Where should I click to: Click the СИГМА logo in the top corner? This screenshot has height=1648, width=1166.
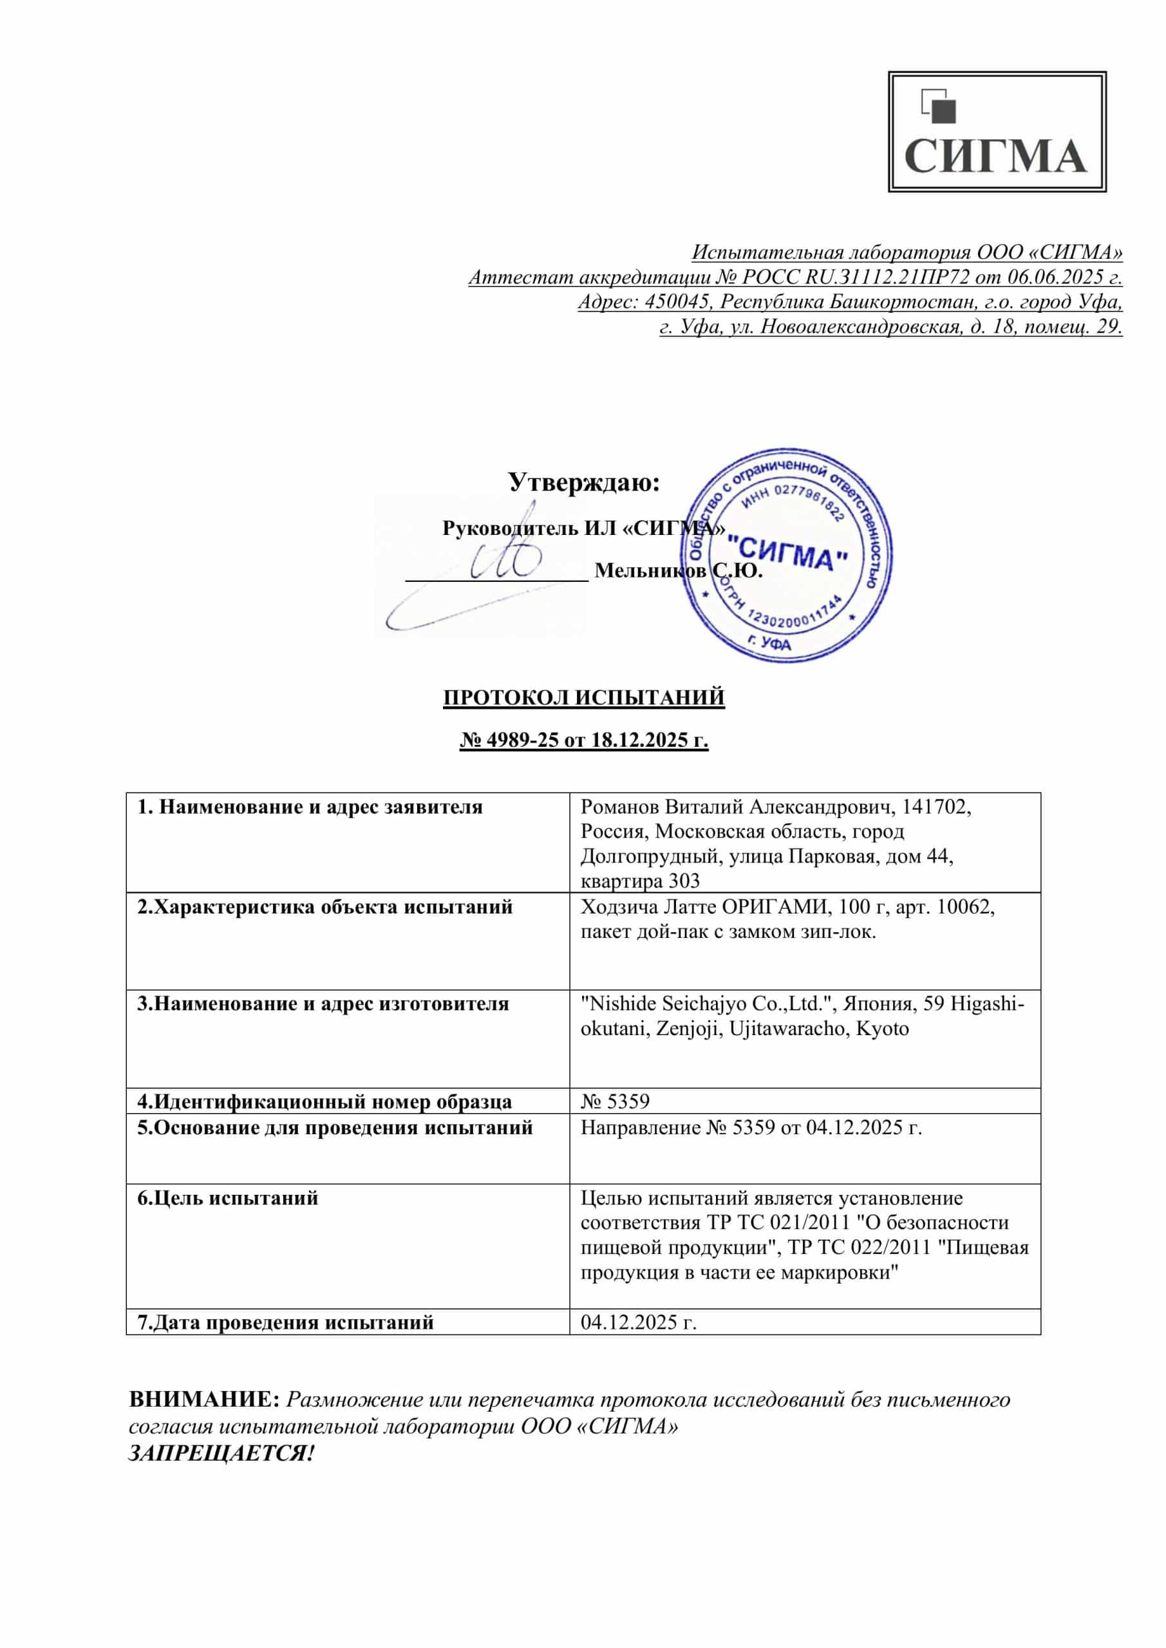point(997,131)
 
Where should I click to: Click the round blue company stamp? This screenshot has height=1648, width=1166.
point(787,556)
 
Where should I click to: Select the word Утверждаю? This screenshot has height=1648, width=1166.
point(584,482)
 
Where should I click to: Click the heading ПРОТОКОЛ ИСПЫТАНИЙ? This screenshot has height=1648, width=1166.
point(584,698)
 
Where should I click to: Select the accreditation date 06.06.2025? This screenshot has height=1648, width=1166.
point(1055,277)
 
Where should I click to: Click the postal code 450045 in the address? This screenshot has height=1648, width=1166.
point(675,301)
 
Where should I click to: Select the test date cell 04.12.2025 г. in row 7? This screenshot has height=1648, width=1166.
point(638,1322)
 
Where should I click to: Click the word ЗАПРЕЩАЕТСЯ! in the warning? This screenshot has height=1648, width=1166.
point(221,1454)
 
